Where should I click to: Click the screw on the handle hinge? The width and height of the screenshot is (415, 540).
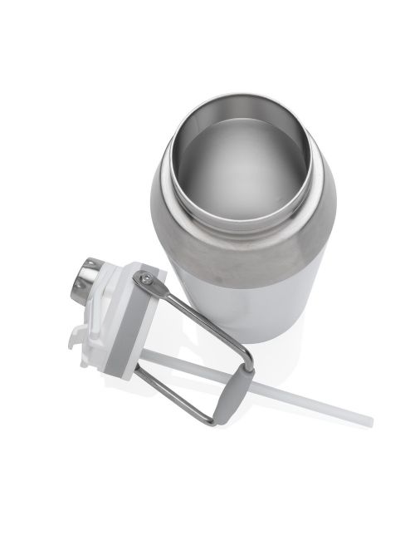(145, 280)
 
